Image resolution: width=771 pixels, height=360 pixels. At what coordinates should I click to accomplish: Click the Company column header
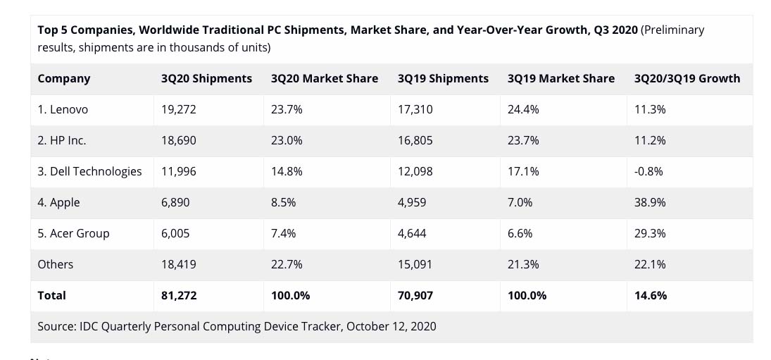click(64, 78)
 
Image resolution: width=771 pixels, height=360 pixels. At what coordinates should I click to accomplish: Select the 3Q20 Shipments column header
click(206, 78)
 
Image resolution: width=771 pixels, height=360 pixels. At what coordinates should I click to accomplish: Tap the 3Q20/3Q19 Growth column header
click(687, 78)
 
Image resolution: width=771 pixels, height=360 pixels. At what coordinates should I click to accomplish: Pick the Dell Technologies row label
click(89, 171)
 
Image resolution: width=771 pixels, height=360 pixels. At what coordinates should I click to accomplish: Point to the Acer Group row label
click(74, 233)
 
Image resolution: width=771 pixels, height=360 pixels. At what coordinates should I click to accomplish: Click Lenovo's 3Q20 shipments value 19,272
click(179, 109)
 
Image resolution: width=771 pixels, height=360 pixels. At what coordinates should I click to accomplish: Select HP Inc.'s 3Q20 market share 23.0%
click(287, 140)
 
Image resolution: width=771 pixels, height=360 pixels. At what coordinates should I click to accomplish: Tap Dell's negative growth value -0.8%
click(649, 171)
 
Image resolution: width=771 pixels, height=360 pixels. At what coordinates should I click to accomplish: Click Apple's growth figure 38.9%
click(650, 202)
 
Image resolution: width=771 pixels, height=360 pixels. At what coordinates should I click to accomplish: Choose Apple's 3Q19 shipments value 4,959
click(413, 202)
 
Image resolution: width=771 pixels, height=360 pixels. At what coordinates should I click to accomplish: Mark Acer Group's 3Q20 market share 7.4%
click(284, 233)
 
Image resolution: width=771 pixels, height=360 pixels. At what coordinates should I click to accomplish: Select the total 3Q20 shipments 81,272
click(179, 295)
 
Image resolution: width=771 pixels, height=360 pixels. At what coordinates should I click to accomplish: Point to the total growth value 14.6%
click(651, 295)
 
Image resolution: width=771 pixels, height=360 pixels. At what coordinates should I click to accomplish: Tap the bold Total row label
click(52, 295)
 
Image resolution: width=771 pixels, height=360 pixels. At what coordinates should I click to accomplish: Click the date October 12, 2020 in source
click(391, 326)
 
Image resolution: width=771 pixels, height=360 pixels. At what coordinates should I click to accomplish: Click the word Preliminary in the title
click(672, 30)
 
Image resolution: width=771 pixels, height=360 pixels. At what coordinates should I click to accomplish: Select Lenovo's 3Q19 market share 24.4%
click(523, 109)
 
